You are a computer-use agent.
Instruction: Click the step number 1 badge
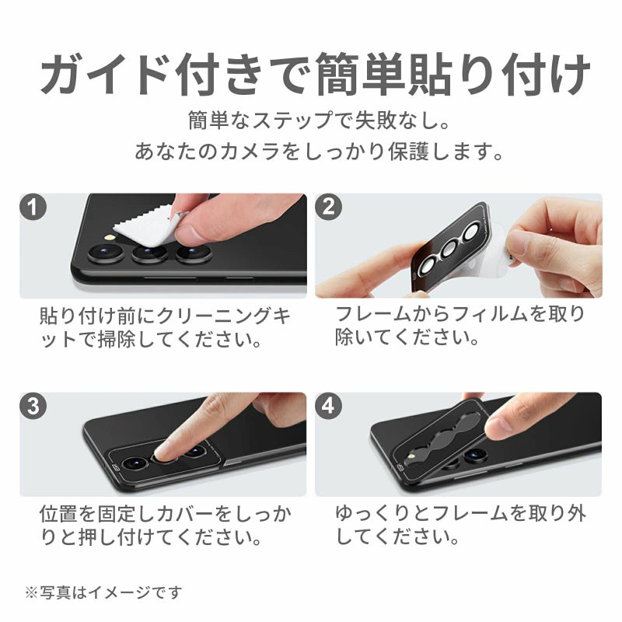[x=33, y=207]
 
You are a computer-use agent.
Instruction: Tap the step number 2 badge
[x=328, y=207]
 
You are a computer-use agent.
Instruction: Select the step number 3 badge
[x=33, y=406]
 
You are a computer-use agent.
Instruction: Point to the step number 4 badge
[x=328, y=406]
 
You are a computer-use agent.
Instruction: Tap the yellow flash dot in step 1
[x=109, y=238]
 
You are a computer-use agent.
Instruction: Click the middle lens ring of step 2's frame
[x=449, y=249]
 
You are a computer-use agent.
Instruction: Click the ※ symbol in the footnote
[x=31, y=592]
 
